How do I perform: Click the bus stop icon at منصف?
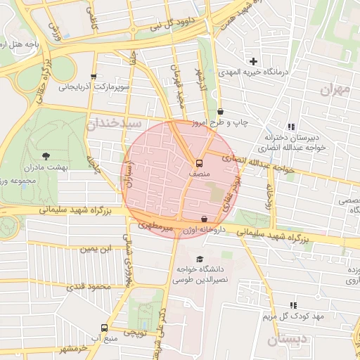[199, 162]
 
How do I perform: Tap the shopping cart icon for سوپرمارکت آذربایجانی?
[94, 77]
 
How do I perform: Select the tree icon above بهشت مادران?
[46, 155]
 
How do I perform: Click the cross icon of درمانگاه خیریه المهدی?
[254, 61]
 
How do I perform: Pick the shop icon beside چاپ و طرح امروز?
[221, 111]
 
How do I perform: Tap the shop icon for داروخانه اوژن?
[204, 219]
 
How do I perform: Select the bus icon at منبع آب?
[104, 328]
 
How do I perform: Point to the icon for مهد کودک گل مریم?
[292, 306]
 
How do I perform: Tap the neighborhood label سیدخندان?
[110, 124]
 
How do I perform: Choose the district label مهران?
[335, 89]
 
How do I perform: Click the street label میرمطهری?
[154, 226]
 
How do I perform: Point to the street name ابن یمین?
[96, 249]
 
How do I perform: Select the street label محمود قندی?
[89, 287]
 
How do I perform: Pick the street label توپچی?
[135, 331]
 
